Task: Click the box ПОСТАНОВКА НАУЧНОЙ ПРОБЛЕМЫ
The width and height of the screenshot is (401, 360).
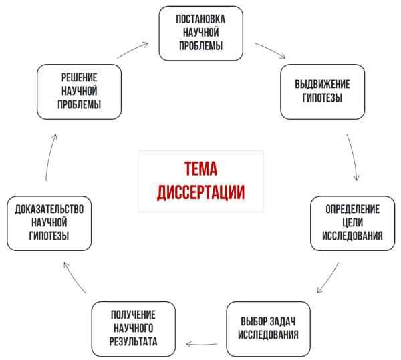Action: pyautogui.click(x=201, y=32)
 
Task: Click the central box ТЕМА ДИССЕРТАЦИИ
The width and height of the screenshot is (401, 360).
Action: pyautogui.click(x=200, y=180)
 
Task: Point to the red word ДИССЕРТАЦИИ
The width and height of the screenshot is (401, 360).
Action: pyautogui.click(x=200, y=192)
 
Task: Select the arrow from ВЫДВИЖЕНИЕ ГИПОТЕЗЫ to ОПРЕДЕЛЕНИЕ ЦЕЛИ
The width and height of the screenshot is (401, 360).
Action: pyautogui.click(x=354, y=157)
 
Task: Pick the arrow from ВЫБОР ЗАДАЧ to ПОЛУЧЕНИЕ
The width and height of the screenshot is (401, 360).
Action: pyautogui.click(x=204, y=344)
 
